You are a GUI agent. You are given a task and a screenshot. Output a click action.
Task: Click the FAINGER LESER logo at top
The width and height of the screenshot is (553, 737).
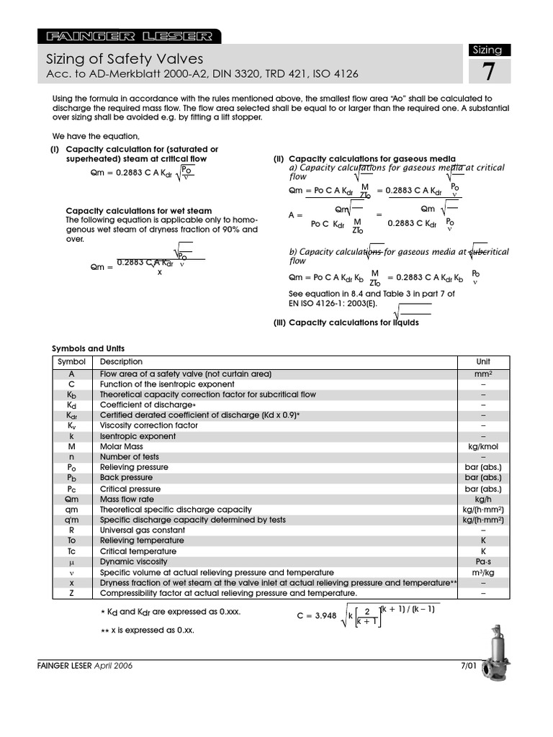130,36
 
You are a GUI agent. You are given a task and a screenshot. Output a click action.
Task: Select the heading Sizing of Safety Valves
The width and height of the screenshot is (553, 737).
125,59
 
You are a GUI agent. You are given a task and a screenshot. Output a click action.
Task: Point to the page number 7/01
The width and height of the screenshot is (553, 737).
469,666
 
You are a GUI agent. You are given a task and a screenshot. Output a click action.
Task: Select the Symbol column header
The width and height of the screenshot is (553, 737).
72,361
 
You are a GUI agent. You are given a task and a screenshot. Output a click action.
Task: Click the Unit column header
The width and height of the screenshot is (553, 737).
483,361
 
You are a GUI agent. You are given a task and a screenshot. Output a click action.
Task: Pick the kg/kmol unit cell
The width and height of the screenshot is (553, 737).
483,446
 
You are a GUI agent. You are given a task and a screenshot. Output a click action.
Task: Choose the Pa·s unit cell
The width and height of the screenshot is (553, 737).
483,561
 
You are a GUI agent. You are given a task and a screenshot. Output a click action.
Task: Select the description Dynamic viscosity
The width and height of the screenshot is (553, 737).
133,561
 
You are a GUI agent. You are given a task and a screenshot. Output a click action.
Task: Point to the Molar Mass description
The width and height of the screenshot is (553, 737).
121,446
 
